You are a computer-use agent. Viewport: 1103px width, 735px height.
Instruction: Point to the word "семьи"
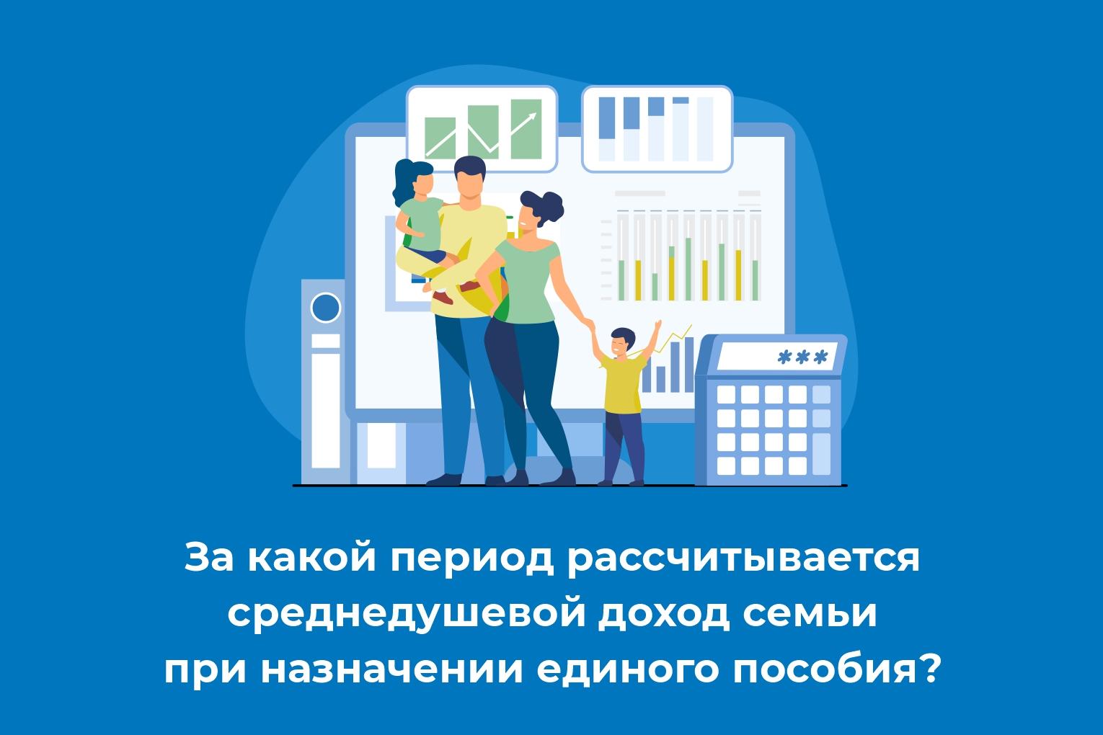810,614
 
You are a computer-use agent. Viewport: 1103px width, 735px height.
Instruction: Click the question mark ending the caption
929,669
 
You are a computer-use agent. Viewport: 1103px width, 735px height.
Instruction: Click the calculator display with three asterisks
778,357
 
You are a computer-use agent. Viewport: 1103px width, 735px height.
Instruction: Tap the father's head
469,178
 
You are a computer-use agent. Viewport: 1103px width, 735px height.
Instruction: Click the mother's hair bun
551,203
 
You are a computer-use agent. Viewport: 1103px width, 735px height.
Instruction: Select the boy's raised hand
657,326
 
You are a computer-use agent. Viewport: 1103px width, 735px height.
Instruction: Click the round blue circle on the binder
325,308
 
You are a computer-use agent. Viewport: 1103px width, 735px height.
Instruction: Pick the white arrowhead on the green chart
532,118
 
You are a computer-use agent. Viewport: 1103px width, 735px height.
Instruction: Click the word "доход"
664,615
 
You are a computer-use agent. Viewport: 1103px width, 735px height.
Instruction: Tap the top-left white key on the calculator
726,394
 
